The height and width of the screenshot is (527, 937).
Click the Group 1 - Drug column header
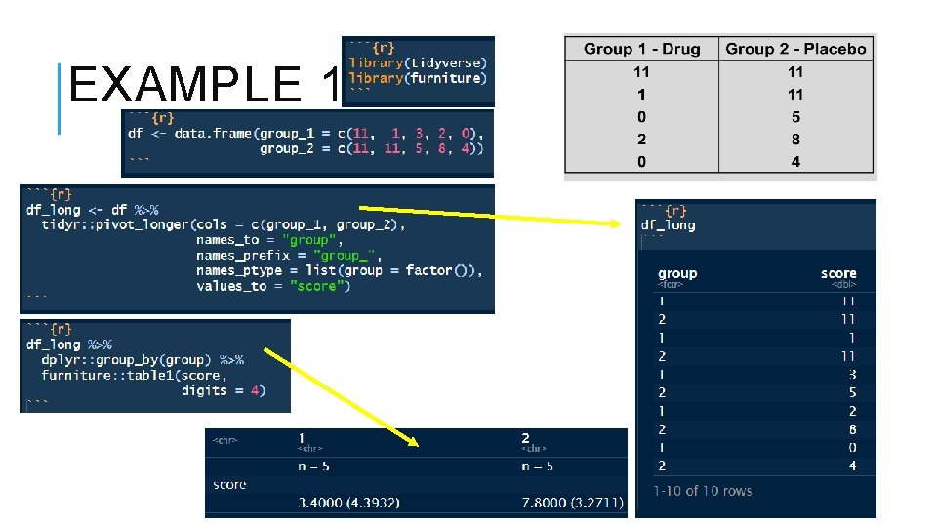(x=641, y=49)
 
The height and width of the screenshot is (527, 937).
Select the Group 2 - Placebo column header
(x=795, y=49)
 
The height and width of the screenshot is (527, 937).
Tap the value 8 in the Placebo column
(x=795, y=140)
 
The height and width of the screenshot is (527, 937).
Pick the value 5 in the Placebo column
(x=795, y=117)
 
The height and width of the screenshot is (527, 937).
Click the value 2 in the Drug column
(x=641, y=140)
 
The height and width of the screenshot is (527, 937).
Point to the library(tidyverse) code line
(x=418, y=62)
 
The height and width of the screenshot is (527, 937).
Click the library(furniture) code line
(x=416, y=78)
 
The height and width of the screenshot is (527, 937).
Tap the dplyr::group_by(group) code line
(x=143, y=359)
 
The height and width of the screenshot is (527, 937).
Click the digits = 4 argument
(x=222, y=390)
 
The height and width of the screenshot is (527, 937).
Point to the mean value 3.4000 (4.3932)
(x=348, y=503)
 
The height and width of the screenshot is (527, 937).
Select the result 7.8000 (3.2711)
(x=572, y=503)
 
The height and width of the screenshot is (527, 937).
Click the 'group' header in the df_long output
(x=677, y=274)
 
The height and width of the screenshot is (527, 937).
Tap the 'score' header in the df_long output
(x=838, y=274)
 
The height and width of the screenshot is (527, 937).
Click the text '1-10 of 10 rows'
(x=703, y=491)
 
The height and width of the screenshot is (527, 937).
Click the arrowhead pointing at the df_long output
(x=614, y=224)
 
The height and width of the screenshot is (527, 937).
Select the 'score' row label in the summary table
(x=230, y=485)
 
